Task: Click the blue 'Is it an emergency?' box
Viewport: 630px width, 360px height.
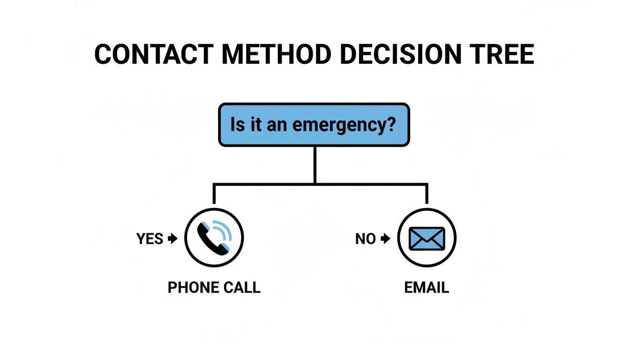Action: tap(314, 125)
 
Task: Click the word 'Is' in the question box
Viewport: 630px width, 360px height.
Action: tap(238, 125)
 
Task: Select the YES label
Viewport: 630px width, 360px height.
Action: tap(150, 239)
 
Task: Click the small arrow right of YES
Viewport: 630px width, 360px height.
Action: tap(172, 239)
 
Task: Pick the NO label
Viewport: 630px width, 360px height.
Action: tap(366, 239)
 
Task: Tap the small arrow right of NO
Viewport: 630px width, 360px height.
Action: tap(385, 239)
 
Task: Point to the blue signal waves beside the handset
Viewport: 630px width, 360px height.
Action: tap(224, 231)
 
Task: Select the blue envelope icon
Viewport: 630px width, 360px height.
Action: tap(427, 238)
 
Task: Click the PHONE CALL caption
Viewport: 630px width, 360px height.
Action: tap(214, 287)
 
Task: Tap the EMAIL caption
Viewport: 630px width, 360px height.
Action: tap(427, 287)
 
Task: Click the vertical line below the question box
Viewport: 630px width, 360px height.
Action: tap(315, 164)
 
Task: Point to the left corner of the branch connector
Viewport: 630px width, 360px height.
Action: tap(214, 184)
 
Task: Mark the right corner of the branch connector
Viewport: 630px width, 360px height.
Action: tap(427, 184)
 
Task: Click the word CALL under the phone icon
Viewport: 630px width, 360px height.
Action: tap(241, 287)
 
